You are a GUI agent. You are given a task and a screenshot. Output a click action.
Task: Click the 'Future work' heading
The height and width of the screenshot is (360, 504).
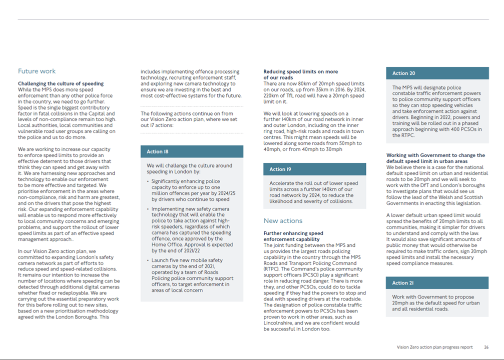pyautogui.click(x=37, y=71)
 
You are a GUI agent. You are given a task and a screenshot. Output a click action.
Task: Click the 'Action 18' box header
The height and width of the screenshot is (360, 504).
pyautogui.click(x=192, y=151)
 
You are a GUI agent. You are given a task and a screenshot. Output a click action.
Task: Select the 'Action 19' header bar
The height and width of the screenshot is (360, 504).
pyautogui.click(x=314, y=169)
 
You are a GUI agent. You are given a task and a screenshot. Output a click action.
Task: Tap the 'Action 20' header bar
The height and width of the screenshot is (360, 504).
pyautogui.click(x=437, y=73)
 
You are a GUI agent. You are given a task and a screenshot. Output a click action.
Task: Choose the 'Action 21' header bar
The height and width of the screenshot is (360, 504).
pyautogui.click(x=437, y=283)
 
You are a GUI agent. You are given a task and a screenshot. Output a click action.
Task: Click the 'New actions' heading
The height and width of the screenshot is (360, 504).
pyautogui.click(x=283, y=220)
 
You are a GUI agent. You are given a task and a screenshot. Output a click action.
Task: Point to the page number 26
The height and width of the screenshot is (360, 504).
pyautogui.click(x=486, y=347)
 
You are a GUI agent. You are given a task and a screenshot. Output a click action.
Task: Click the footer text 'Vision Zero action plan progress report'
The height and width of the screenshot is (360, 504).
pyautogui.click(x=434, y=347)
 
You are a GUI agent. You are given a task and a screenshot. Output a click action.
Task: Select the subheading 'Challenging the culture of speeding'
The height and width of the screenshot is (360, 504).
pyautogui.click(x=61, y=83)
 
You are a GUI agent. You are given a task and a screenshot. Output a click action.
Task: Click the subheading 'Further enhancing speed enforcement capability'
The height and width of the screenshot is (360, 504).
pyautogui.click(x=293, y=236)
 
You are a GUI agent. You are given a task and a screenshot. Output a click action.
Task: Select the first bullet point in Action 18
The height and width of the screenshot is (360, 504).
pyautogui.click(x=190, y=190)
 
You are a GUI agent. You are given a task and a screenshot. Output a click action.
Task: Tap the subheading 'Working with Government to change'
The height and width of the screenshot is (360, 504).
pyautogui.click(x=435, y=155)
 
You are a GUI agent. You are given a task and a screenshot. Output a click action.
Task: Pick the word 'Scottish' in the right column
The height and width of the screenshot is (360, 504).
pyautogui.click(x=471, y=197)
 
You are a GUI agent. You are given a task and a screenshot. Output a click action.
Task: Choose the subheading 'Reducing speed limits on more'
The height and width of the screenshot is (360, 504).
pyautogui.click(x=300, y=71)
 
